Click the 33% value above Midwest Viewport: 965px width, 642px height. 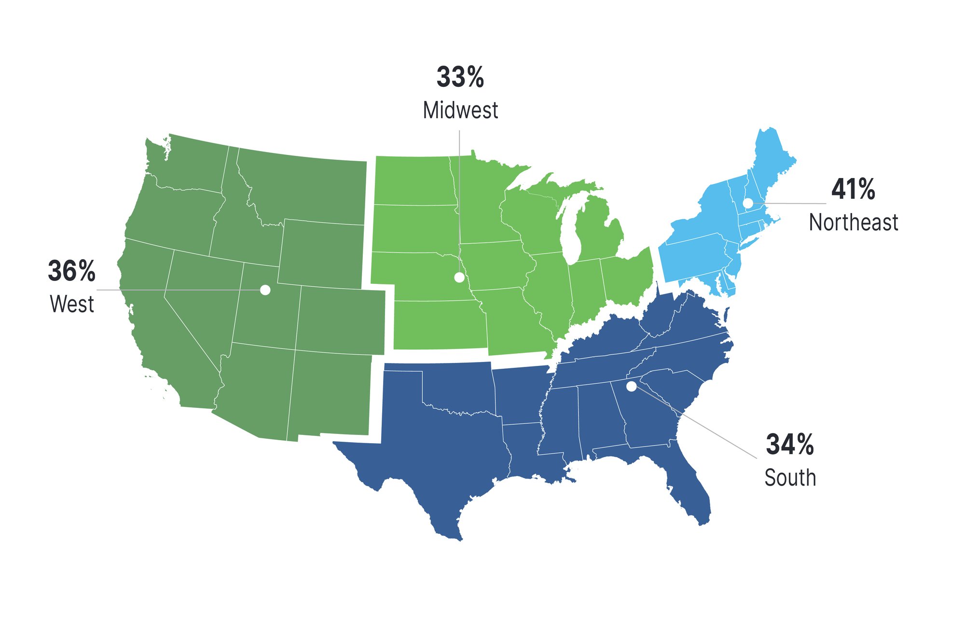[460, 77]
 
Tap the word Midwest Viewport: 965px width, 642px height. [460, 111]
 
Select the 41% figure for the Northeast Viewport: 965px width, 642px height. [853, 189]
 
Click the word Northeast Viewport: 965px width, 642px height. [853, 223]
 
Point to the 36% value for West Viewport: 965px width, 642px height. [71, 271]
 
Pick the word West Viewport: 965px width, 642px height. [72, 305]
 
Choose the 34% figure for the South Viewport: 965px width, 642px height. [789, 444]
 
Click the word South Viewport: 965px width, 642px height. [790, 478]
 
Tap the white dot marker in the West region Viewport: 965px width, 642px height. [265, 290]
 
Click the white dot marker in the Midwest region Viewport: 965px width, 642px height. [459, 277]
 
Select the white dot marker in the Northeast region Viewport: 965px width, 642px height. [747, 203]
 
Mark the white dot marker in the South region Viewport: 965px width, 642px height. [631, 386]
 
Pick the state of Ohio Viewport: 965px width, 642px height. [627, 275]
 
